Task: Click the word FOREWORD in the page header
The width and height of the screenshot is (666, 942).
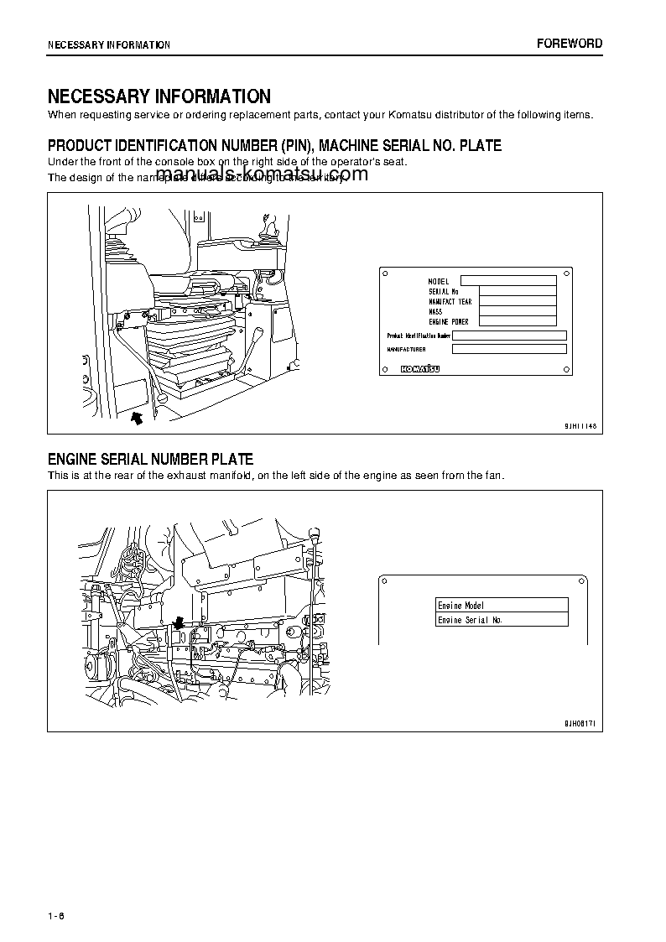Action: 570,44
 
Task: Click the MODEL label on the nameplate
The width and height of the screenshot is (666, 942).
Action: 439,281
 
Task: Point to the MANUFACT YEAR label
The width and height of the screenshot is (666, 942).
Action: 450,301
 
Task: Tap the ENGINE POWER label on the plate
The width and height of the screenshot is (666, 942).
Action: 449,321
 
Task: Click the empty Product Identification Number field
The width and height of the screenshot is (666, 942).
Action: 509,335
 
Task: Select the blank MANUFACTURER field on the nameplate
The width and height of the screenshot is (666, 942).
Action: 509,349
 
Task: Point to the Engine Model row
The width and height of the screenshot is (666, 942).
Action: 502,605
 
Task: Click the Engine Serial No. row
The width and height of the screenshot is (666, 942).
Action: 502,620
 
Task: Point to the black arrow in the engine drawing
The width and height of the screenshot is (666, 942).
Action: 177,623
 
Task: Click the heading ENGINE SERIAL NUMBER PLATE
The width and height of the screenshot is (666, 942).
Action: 150,460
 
